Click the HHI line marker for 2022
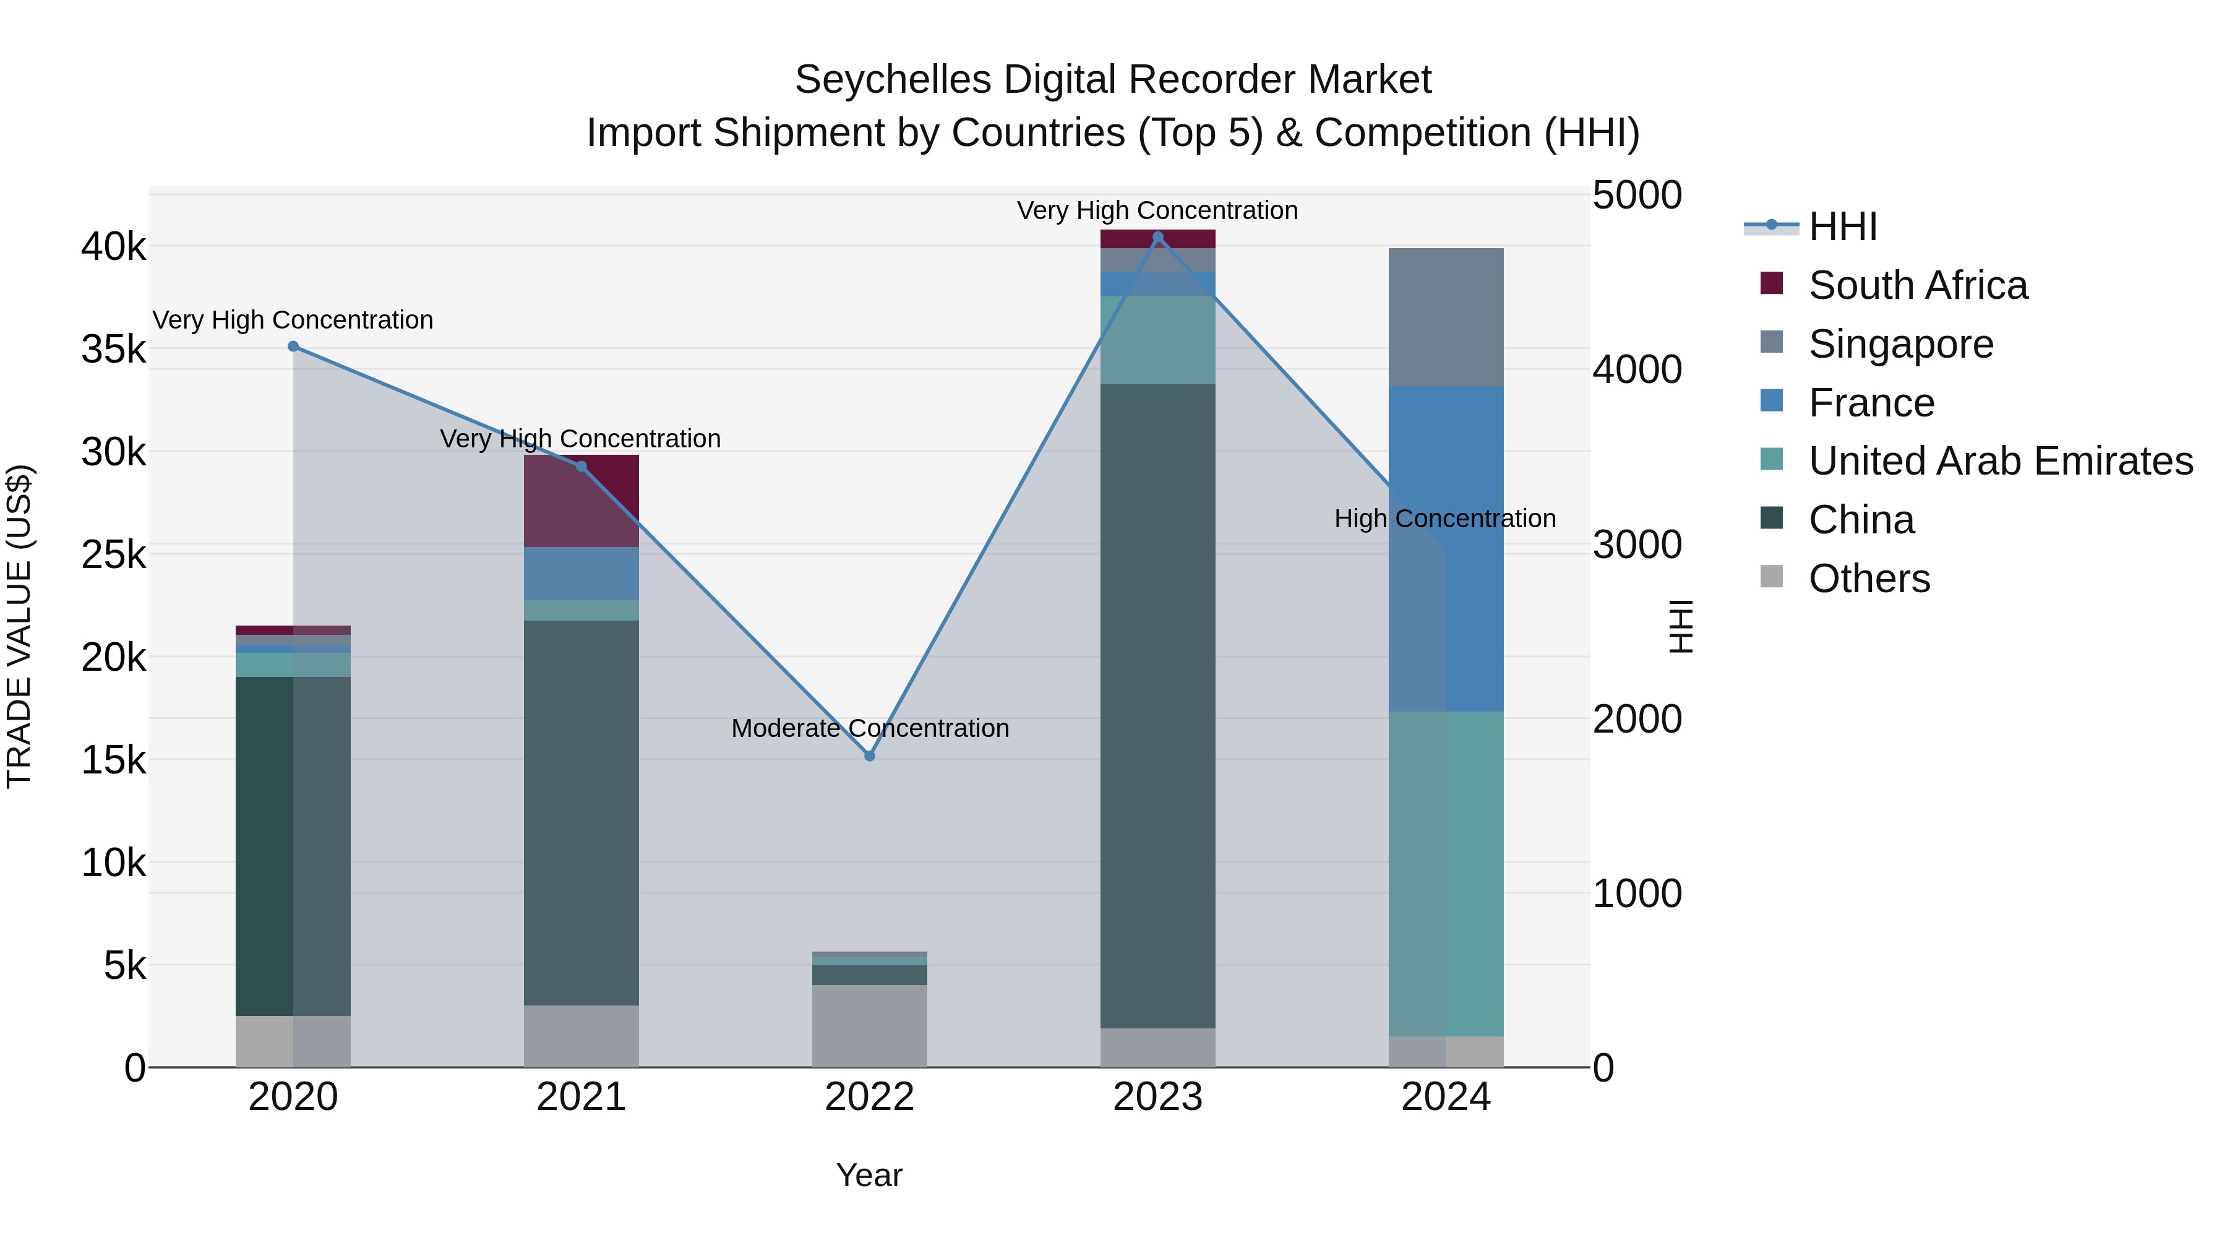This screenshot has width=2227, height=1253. (870, 756)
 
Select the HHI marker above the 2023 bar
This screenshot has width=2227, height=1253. (1159, 237)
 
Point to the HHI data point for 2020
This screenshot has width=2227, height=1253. (293, 347)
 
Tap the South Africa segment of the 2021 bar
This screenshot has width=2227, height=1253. (581, 502)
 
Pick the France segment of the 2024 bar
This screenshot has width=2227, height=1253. (1446, 548)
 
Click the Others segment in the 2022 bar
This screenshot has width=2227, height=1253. (870, 1025)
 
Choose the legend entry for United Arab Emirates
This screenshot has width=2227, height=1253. (1999, 461)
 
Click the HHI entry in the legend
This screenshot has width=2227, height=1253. (1842, 226)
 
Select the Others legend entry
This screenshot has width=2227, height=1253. (1868, 579)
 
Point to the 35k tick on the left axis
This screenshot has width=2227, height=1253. (113, 350)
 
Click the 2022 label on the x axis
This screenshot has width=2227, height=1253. (870, 1097)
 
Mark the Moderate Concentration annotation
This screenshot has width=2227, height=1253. (870, 728)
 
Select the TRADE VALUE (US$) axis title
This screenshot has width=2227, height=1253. (19, 626)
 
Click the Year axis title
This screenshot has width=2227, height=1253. (869, 1175)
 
